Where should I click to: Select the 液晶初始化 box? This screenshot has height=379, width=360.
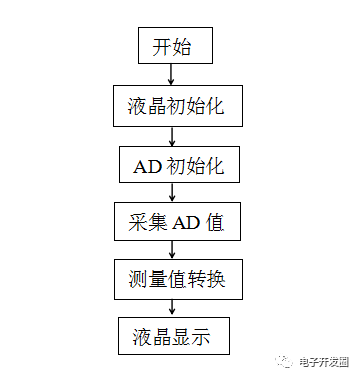click(177, 107)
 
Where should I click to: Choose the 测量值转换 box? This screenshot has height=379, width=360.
click(177, 279)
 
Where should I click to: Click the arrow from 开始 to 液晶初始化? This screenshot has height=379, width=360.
click(172, 73)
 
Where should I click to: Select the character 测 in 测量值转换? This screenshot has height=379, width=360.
click(137, 279)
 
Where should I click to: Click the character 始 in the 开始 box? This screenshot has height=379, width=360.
click(184, 46)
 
